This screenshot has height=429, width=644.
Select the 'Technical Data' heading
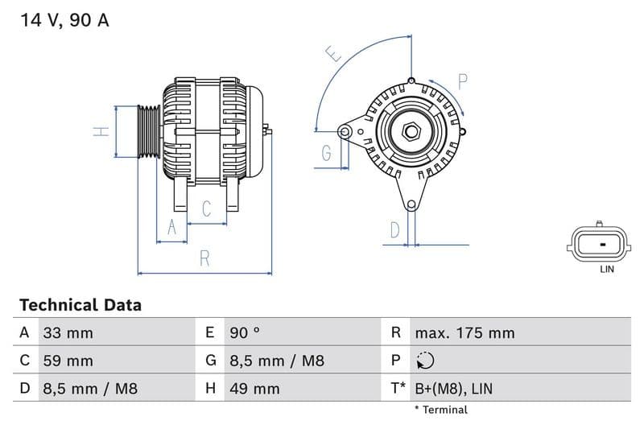[80, 305]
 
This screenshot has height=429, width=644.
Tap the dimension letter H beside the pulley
[101, 131]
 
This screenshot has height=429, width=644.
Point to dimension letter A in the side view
[171, 229]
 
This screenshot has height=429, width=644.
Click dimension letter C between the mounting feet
[207, 209]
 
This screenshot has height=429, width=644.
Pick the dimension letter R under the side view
[204, 259]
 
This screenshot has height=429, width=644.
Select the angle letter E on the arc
[334, 54]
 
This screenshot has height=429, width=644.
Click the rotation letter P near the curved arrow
[463, 81]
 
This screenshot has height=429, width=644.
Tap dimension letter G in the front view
[327, 153]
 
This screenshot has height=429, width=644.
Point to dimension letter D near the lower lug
[394, 230]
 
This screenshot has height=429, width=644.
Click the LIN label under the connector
[607, 270]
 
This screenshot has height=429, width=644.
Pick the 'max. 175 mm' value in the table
[464, 333]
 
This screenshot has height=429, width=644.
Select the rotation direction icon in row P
[425, 361]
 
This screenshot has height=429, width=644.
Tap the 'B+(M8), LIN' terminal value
[453, 389]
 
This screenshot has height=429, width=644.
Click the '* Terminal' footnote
[440, 410]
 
